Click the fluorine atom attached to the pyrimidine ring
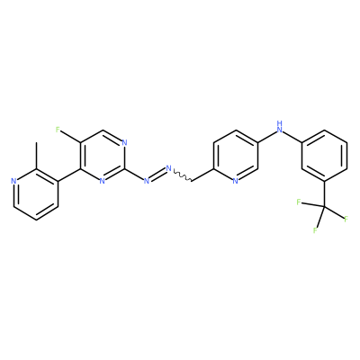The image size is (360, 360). pyautogui.click(x=58, y=130)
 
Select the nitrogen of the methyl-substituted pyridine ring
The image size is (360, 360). pyautogui.click(x=13, y=181)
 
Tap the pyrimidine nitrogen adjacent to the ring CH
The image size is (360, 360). pyautogui.click(x=124, y=142)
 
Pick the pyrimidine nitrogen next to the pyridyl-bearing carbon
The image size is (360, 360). pyautogui.click(x=103, y=181)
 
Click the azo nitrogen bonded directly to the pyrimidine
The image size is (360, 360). pyautogui.click(x=147, y=181)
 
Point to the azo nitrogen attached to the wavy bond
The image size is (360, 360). pyautogui.click(x=169, y=168)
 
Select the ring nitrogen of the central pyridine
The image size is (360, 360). pyautogui.click(x=236, y=181)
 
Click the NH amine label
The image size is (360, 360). pyautogui.click(x=280, y=126)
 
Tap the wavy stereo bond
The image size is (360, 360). pyautogui.click(x=182, y=175)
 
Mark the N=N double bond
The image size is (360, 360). pyautogui.click(x=157, y=175)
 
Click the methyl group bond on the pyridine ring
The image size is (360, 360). pyautogui.click(x=36, y=156)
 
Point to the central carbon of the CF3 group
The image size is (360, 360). pyautogui.click(x=325, y=206)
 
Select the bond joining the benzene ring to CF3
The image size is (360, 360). pyautogui.click(x=325, y=193)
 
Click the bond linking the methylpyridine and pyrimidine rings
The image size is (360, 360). pyautogui.click(x=69, y=175)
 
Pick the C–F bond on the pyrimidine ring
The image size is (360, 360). pyautogui.click(x=71, y=137)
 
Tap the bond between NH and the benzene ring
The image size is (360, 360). pyautogui.click(x=293, y=137)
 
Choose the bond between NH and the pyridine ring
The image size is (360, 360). pyautogui.click(x=267, y=137)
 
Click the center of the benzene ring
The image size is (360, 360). pyautogui.click(x=325, y=156)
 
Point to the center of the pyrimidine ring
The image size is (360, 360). pyautogui.click(x=103, y=156)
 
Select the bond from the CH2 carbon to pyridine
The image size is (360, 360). pyautogui.click(x=202, y=175)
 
